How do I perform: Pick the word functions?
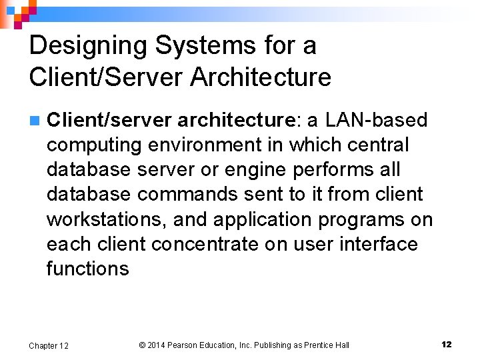(x=87, y=269)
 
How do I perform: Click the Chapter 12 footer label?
(x=49, y=345)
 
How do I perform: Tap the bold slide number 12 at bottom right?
(x=447, y=345)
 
